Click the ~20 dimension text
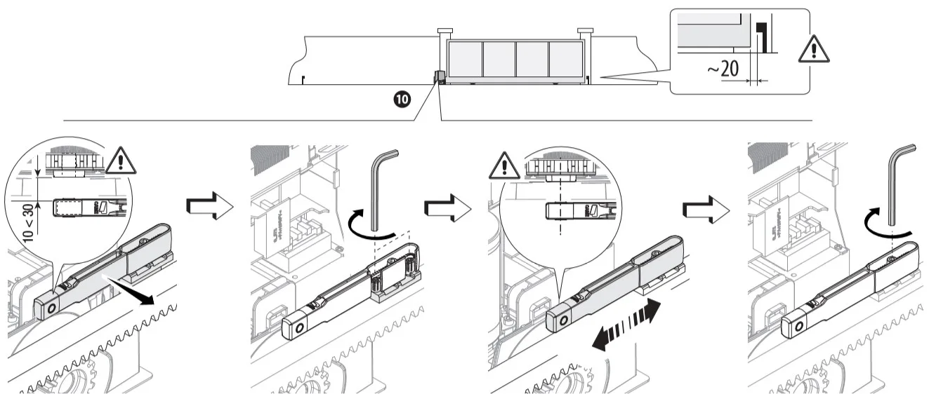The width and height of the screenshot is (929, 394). (723, 69)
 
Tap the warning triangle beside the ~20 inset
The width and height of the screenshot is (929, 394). (814, 48)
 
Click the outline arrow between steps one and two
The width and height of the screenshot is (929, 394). (209, 205)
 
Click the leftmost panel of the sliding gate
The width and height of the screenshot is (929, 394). (464, 60)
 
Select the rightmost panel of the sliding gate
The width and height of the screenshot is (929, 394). (565, 60)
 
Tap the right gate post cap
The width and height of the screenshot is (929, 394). (586, 31)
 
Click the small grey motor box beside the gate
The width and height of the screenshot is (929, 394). (439, 76)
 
